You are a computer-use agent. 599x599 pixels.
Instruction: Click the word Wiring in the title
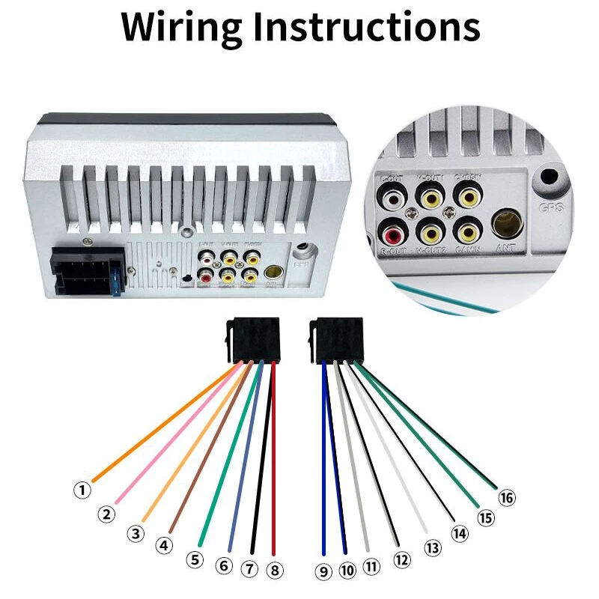point(178,27)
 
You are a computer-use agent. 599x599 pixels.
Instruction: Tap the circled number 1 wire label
point(82,490)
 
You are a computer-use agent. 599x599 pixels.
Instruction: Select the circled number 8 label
point(276,570)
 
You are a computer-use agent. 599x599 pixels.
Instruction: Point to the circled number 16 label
point(507,496)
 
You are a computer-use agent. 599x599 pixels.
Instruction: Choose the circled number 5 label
point(195,559)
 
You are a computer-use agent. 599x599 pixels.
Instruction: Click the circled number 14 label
point(459,533)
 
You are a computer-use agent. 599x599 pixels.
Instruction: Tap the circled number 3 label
point(135,533)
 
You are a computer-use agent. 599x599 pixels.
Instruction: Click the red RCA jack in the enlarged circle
point(392,228)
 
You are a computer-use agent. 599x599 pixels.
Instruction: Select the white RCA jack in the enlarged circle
point(392,197)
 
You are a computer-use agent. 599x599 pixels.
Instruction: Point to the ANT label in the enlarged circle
point(505,249)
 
